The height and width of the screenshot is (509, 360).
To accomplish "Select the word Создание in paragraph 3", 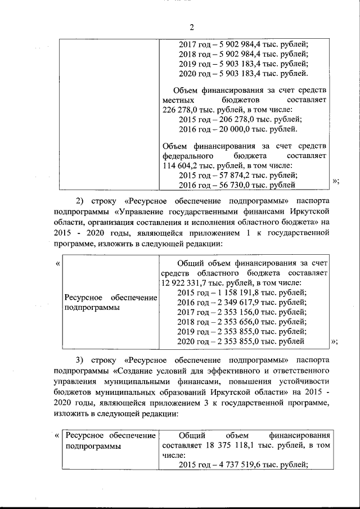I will [x=136, y=370].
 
